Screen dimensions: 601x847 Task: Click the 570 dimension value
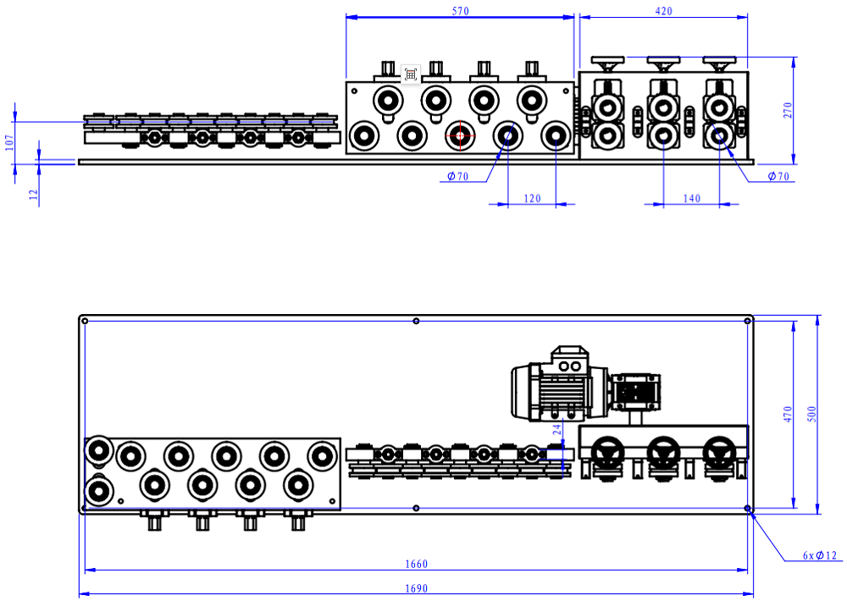click(460, 11)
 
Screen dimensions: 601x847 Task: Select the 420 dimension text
click(663, 11)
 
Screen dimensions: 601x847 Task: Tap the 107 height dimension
click(9, 141)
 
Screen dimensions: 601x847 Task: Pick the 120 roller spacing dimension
click(531, 198)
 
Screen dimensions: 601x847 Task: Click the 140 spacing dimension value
click(691, 198)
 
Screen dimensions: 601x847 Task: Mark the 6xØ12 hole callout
click(819, 556)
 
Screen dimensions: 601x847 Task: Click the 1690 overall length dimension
click(416, 588)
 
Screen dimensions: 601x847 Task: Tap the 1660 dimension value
click(416, 564)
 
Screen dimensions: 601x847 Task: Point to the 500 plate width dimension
click(811, 414)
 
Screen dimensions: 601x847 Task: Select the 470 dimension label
click(787, 414)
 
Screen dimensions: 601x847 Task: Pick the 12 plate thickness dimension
click(33, 194)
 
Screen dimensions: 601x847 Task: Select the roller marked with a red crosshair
click(460, 135)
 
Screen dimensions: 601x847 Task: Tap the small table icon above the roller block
click(411, 74)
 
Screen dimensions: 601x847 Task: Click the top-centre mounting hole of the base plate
click(415, 321)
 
